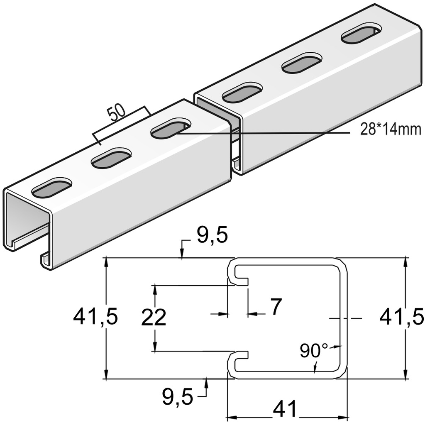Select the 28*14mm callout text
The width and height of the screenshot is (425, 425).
pyautogui.click(x=385, y=130)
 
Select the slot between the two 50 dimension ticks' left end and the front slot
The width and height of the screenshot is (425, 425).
pyautogui.click(x=111, y=157)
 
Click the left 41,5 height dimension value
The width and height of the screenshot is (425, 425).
pyautogui.click(x=95, y=318)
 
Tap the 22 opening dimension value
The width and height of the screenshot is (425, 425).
pyautogui.click(x=154, y=318)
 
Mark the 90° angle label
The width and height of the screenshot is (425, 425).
pyautogui.click(x=313, y=351)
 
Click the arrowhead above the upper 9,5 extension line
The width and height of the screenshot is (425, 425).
pyautogui.click(x=182, y=254)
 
